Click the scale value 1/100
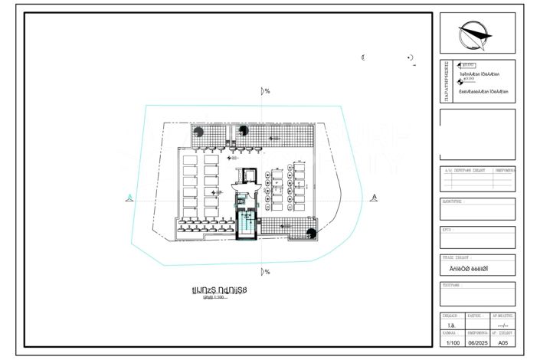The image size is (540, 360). click(450, 343)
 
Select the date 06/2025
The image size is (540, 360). click(477, 343)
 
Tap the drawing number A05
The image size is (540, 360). click(504, 343)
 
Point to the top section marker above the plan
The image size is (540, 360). click(266, 91)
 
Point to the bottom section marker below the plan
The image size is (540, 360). click(266, 272)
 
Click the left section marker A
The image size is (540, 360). click(131, 198)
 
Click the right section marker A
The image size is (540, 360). click(373, 198)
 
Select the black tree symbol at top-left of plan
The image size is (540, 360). click(198, 131)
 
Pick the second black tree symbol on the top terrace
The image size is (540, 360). click(243, 131)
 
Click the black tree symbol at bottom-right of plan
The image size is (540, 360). click(311, 234)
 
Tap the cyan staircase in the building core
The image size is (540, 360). click(247, 223)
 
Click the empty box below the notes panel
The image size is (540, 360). click(477, 133)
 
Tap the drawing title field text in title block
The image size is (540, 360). click(476, 269)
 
